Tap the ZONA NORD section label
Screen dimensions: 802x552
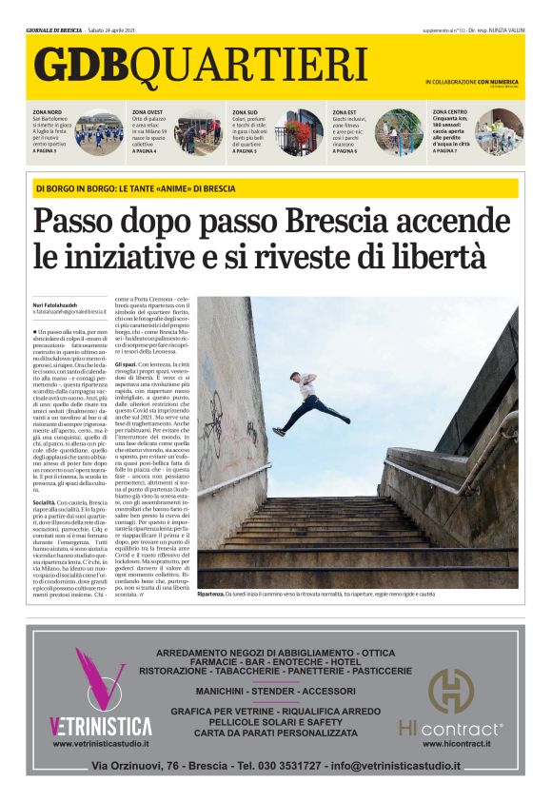click(49, 112)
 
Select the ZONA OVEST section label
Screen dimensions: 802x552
click(149, 112)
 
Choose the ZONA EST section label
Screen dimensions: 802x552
click(345, 112)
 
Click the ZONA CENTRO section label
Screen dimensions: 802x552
click(450, 111)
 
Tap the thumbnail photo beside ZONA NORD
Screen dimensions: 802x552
click(99, 132)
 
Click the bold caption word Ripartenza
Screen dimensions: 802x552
click(210, 594)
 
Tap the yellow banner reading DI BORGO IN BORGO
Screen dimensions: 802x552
click(135, 187)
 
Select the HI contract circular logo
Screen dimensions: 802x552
click(450, 691)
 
